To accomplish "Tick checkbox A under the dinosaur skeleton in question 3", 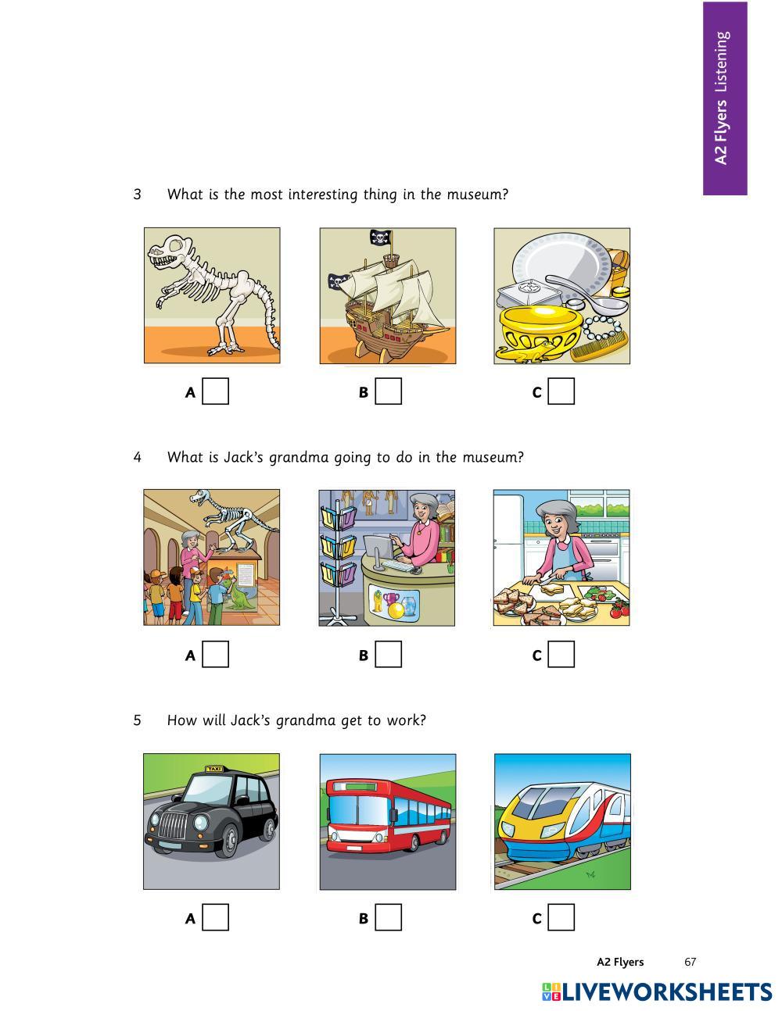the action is point(216,391).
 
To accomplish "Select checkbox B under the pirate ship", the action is point(388,391).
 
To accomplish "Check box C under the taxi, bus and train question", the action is point(561,917).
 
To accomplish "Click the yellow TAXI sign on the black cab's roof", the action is point(213,769).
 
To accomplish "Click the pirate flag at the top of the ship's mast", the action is point(381,238).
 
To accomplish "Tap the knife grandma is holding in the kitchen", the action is point(542,579).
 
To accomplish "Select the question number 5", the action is point(138,720).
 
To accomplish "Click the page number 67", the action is point(690,962).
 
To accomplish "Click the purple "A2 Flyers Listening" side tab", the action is point(725,98).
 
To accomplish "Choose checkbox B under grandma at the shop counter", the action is point(388,654).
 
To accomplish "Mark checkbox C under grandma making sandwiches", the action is point(561,654).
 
